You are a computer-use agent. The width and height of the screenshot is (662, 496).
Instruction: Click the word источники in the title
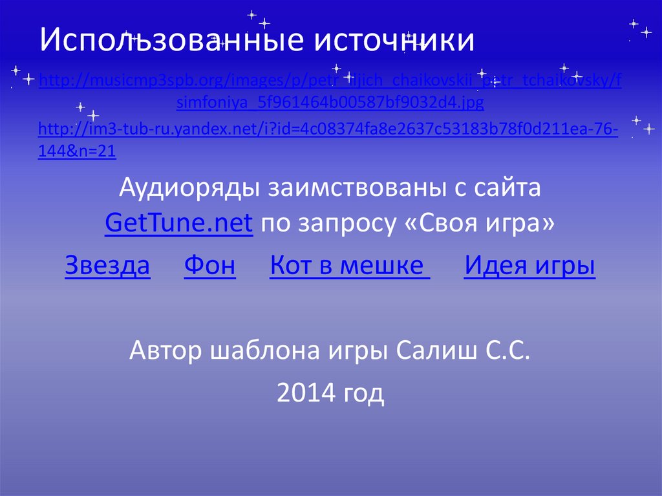(394, 40)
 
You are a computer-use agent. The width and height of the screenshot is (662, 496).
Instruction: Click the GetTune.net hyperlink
(178, 224)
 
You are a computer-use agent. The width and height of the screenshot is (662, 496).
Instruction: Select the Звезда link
(108, 266)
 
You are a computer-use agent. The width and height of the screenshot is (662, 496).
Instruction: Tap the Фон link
(210, 266)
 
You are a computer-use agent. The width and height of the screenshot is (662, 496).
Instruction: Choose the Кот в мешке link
(350, 266)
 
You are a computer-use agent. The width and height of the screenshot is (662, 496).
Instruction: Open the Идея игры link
(529, 266)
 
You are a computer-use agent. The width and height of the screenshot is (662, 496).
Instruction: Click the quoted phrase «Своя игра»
(481, 224)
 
